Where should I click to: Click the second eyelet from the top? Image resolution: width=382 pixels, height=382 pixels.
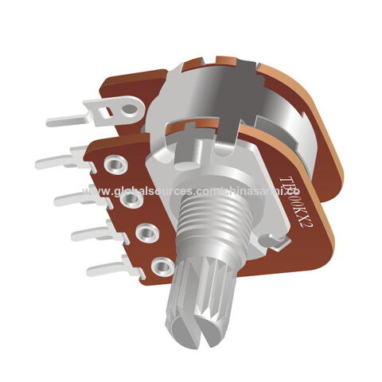[x=132, y=200]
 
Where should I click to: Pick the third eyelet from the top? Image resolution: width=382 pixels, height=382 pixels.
[x=147, y=234]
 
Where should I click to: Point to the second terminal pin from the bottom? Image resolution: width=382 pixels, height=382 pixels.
[x=95, y=235]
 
